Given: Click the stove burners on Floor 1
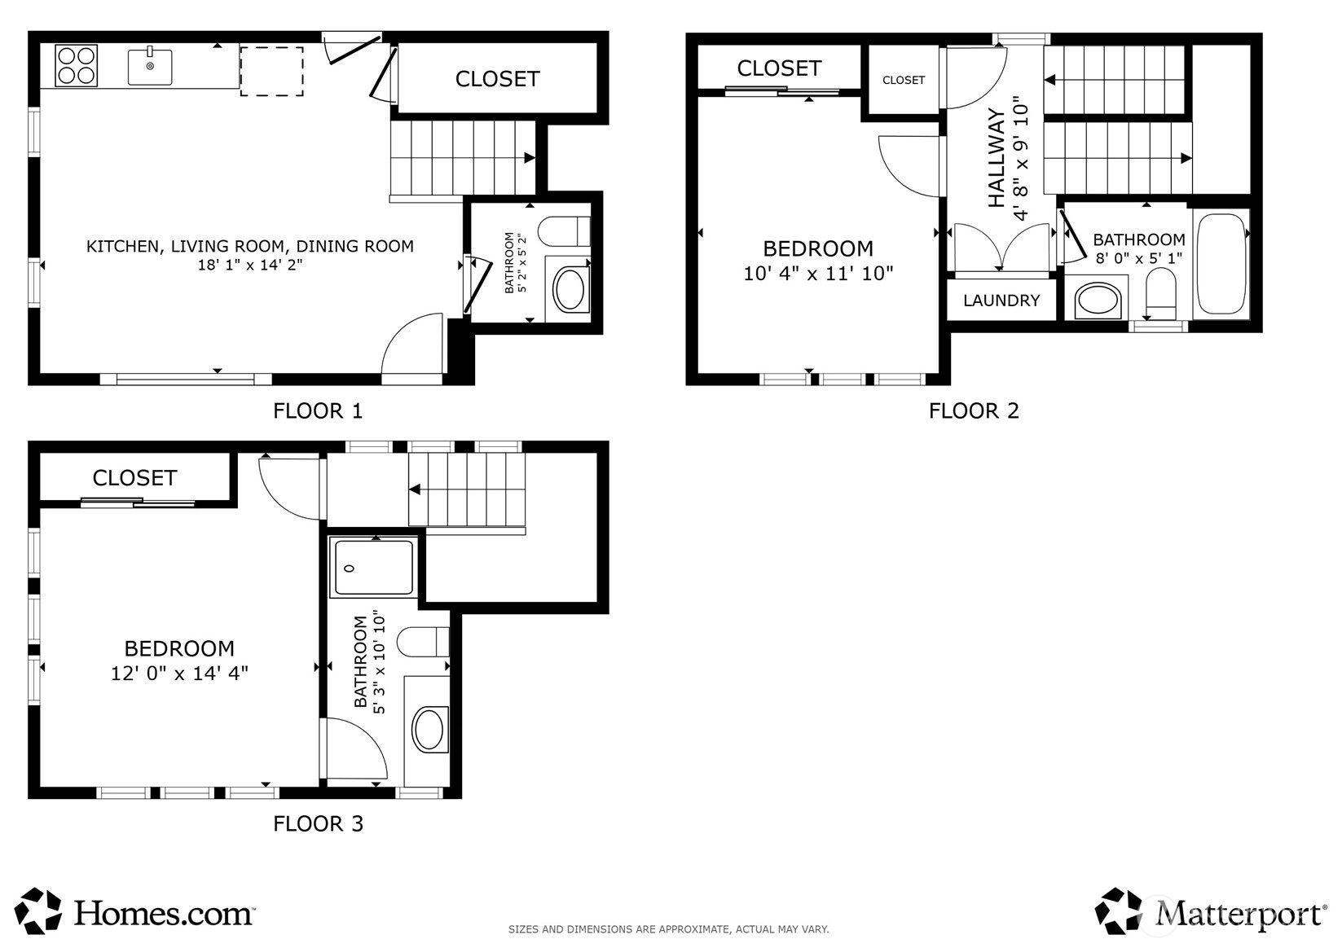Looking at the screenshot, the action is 76,66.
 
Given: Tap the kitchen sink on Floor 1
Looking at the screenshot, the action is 150,66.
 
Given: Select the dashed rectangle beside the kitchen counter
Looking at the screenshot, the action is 271,72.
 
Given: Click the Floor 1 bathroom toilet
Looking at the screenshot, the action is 564,231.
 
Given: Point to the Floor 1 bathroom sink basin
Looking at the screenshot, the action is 570,290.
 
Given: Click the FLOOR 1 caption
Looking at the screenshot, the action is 318,410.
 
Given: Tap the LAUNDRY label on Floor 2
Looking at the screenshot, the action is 1001,301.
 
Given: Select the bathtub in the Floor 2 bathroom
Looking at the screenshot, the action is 1221,264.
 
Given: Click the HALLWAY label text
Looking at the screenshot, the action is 996,157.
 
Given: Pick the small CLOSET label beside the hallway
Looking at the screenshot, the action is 904,81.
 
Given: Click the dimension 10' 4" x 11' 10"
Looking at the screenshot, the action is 818,274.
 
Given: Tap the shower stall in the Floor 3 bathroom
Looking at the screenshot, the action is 373,567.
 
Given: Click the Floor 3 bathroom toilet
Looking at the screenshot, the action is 423,642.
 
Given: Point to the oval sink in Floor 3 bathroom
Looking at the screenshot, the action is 429,729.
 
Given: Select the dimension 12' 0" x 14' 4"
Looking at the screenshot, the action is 180,674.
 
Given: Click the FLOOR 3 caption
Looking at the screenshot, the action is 318,824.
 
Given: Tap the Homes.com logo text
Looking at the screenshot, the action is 163,913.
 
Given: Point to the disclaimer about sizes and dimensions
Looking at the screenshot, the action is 669,929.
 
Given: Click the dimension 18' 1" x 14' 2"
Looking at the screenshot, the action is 250,265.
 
